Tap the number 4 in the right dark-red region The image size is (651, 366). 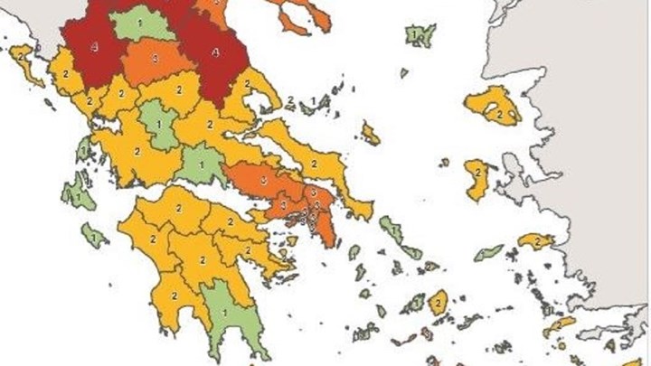[x=214, y=52]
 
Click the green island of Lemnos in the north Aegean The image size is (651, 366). [x=419, y=35]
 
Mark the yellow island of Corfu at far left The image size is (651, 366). [x=24, y=60]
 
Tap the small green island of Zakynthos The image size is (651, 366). [x=94, y=237]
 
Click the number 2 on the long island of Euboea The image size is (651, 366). [x=313, y=164]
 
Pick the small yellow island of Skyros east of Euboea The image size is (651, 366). [x=370, y=134]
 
